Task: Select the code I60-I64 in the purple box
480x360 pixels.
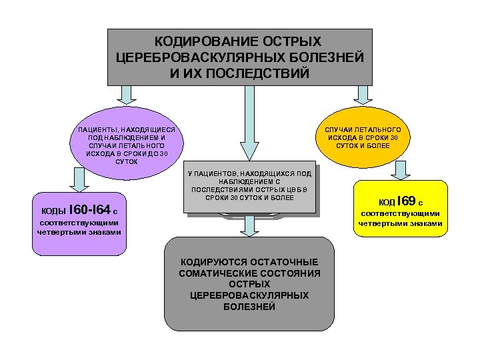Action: (90, 210)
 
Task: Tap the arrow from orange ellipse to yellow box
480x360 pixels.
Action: (399, 171)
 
